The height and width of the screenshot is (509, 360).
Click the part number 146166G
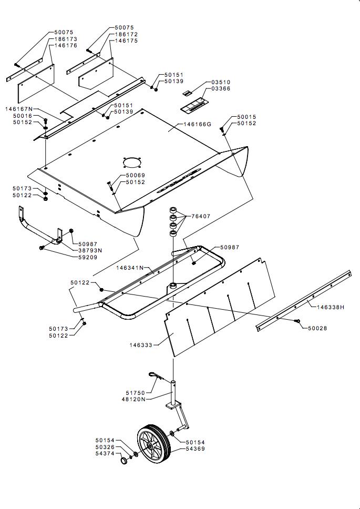tap(197, 125)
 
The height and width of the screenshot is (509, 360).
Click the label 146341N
tap(130, 268)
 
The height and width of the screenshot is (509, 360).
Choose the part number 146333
tap(141, 345)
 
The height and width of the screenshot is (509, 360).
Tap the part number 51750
tap(136, 393)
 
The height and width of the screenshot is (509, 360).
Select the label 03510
tap(221, 83)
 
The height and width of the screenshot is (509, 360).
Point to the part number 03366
tap(221, 89)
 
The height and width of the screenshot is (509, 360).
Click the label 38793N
tap(90, 250)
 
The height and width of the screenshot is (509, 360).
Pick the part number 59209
tap(88, 257)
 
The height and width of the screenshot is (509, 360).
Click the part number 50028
tap(317, 328)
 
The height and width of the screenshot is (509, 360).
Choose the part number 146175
tap(127, 40)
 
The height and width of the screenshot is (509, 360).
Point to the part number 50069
tap(135, 175)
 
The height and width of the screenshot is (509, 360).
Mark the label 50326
tap(105, 447)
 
